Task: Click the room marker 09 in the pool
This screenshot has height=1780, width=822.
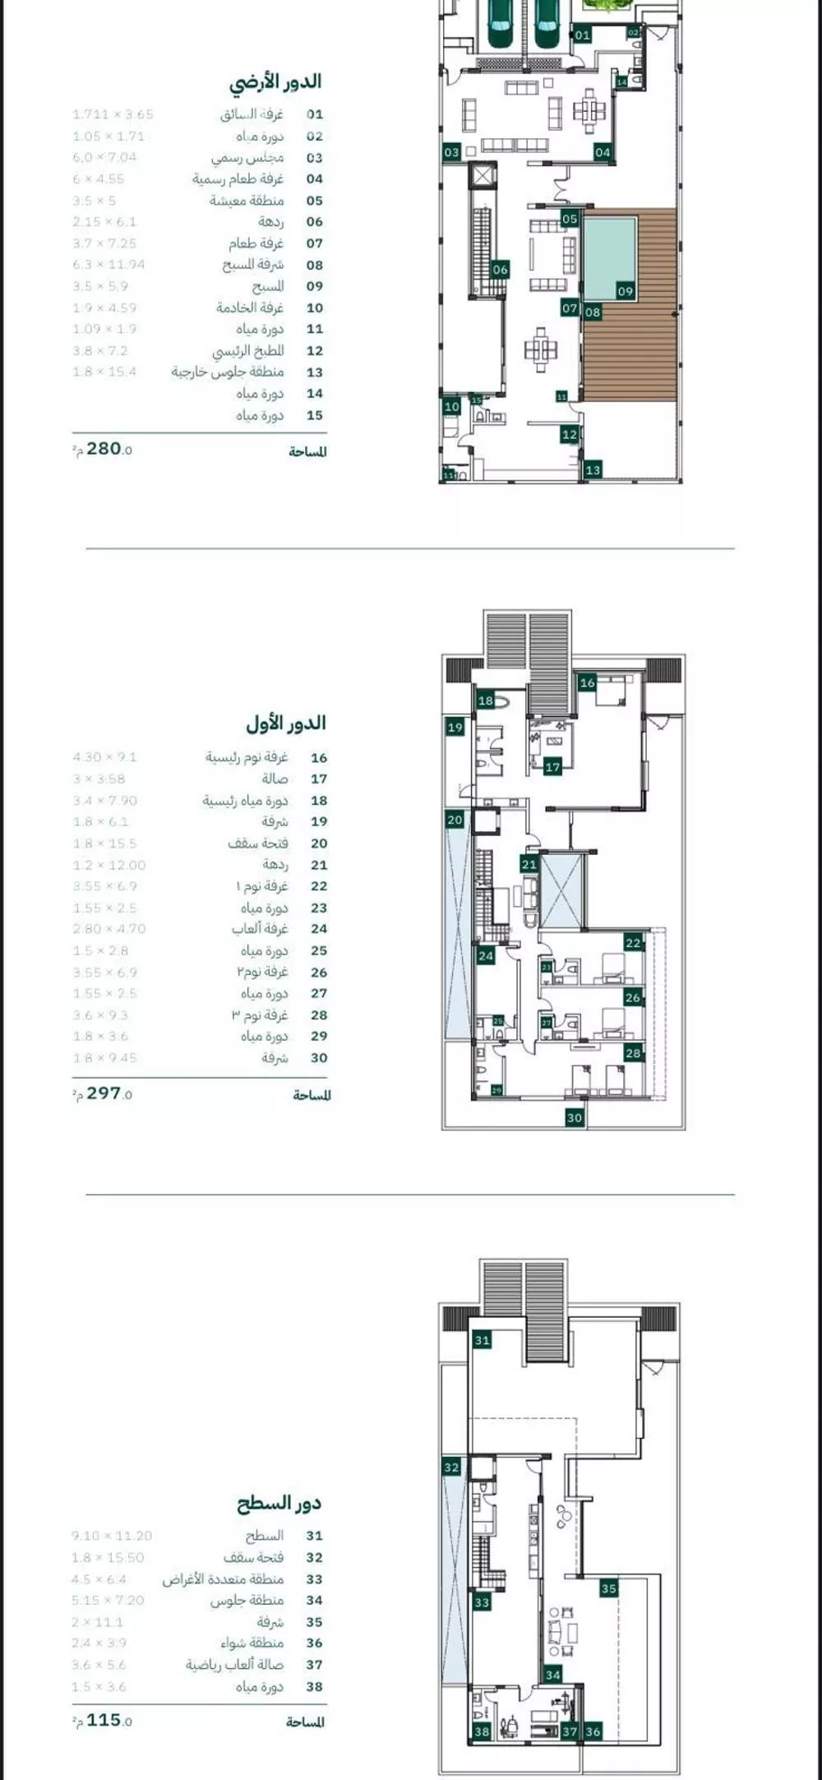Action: click(x=626, y=291)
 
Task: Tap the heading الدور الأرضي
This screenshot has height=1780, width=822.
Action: click(x=275, y=82)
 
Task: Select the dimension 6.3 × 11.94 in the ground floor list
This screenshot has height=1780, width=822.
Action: click(x=110, y=265)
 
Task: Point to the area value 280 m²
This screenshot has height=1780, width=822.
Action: click(x=104, y=449)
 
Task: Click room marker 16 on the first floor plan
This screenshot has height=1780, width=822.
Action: click(x=587, y=682)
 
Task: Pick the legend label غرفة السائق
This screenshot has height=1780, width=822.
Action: click(x=252, y=115)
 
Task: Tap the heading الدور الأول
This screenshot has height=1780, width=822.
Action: click(x=285, y=724)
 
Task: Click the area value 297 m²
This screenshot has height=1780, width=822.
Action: click(x=104, y=1093)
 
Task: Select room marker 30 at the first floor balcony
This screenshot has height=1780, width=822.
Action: click(x=575, y=1117)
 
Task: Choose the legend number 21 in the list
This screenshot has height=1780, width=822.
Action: click(x=319, y=865)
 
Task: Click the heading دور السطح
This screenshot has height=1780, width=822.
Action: click(x=279, y=1504)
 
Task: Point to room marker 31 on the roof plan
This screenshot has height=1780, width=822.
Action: click(x=482, y=1340)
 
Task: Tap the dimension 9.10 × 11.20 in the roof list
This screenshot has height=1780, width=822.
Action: click(x=112, y=1536)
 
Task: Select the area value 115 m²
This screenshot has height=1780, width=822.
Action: click(x=104, y=1720)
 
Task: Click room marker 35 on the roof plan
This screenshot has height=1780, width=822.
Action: click(x=608, y=1588)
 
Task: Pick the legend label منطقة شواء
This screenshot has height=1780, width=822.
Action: click(x=252, y=1643)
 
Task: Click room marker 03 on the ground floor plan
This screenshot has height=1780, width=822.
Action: click(x=451, y=152)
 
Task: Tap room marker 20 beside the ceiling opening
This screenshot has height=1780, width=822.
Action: click(x=455, y=820)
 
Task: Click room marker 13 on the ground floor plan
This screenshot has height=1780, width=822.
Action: click(x=593, y=470)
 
